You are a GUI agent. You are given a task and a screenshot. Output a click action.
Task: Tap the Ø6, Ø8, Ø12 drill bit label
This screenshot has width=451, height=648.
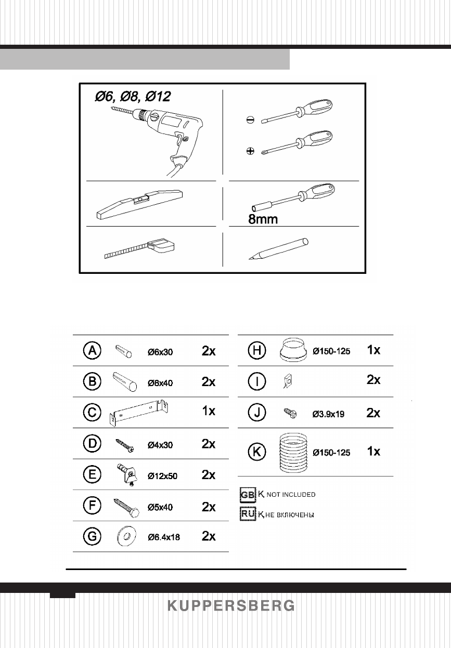(132, 97)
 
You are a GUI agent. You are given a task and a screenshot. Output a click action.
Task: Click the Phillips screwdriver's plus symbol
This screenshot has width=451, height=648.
(250, 151)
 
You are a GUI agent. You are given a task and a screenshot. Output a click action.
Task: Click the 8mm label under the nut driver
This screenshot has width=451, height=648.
(263, 219)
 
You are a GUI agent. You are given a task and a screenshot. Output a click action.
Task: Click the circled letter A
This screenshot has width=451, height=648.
(92, 351)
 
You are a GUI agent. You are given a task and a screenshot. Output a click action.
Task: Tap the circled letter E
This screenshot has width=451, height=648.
(92, 474)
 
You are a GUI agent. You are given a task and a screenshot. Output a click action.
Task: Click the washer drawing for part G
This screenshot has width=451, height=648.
(125, 536)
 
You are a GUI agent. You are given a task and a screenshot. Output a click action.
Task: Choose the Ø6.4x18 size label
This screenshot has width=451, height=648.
(163, 537)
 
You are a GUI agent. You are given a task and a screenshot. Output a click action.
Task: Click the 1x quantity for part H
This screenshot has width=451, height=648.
(373, 351)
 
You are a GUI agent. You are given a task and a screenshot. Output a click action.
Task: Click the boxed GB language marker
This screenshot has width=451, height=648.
(248, 494)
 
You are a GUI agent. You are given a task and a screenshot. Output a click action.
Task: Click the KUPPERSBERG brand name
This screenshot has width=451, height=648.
(230, 605)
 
